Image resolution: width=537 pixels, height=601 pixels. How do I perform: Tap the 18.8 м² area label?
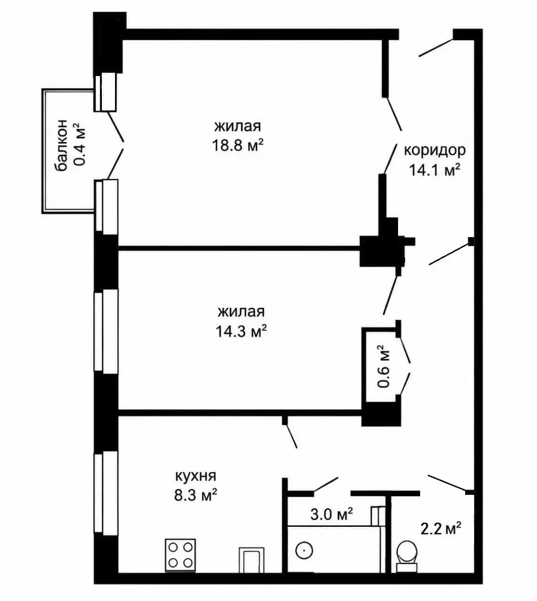click(x=238, y=146)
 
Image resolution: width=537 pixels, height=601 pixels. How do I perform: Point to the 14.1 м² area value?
click(x=435, y=170)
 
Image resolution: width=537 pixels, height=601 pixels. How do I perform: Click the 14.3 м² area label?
click(x=241, y=331)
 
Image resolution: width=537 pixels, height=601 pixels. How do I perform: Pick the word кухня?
click(x=196, y=476)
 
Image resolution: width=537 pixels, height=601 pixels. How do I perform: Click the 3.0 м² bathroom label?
click(x=331, y=515)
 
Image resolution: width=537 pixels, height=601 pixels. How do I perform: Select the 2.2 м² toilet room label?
click(x=441, y=528)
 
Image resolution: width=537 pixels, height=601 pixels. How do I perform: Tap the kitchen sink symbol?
click(x=252, y=560)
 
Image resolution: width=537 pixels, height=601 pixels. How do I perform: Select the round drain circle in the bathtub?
click(x=304, y=551)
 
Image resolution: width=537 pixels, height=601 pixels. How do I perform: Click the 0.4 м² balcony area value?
click(x=80, y=144)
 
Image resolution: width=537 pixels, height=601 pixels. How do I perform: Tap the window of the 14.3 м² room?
click(x=106, y=331)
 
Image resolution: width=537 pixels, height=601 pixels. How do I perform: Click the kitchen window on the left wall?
click(x=106, y=493)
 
